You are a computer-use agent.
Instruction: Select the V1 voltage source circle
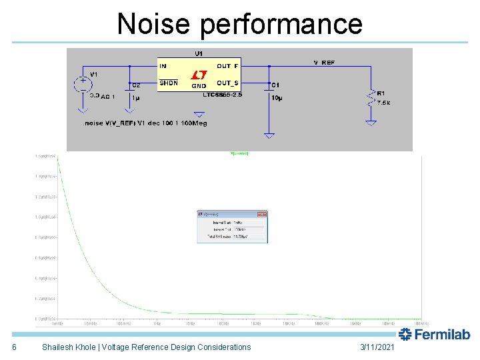(83, 83)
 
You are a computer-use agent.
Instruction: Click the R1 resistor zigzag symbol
(371, 98)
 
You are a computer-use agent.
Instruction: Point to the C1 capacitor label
(275, 85)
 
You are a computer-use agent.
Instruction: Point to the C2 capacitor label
(136, 85)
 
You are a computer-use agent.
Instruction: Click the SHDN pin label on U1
(169, 83)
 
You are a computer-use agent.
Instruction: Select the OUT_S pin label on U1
(228, 83)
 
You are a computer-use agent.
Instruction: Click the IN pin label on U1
(163, 66)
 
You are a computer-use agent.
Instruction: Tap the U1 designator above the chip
(199, 53)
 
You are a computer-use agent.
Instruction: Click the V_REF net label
(325, 63)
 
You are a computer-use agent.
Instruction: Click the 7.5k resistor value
(385, 103)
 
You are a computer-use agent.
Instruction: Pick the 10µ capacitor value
(277, 98)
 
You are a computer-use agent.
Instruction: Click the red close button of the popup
(263, 214)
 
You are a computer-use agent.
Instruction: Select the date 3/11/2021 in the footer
(377, 347)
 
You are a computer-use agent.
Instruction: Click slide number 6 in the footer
(14, 347)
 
